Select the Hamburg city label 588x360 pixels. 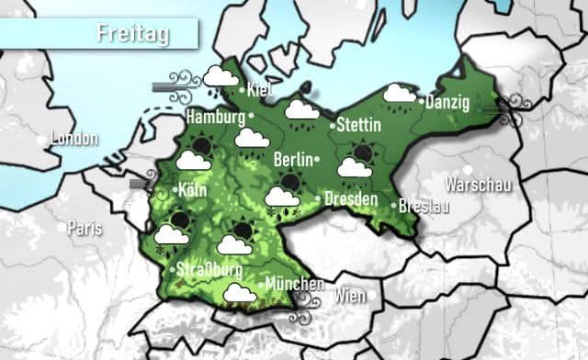(215, 118)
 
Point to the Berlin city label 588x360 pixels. (294, 159)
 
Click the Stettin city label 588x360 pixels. (359, 124)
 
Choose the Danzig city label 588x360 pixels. (449, 101)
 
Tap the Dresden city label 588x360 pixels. (351, 198)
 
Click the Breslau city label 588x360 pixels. (424, 207)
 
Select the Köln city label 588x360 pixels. (192, 191)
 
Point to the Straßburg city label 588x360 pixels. (210, 270)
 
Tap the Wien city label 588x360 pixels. (350, 296)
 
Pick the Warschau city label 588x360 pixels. (477, 185)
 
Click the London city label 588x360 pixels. (74, 139)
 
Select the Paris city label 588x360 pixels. (85, 227)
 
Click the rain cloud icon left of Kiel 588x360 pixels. (219, 80)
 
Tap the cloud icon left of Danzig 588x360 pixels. (399, 94)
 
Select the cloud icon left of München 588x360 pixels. (241, 293)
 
